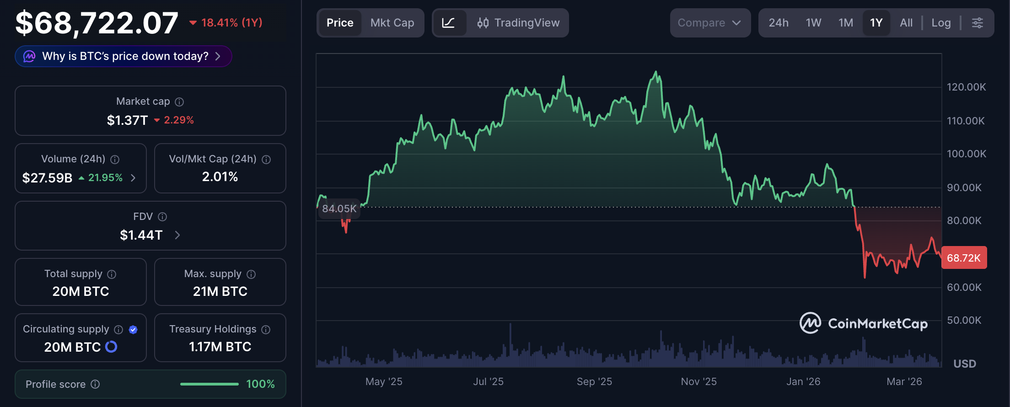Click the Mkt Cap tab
coord(392,23)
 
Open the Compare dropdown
coord(709,23)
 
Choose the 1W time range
coord(813,23)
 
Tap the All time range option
coord(906,23)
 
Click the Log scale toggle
coord(941,23)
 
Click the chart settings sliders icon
coord(978,23)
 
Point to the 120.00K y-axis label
coord(966,87)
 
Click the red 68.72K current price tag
coord(964,258)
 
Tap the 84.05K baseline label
coord(339,209)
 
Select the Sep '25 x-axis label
coord(594,381)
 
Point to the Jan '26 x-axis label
coord(803,381)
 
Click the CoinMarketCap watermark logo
coord(810,323)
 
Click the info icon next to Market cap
coord(179,102)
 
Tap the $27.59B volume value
coord(47,178)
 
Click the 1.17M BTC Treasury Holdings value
coord(220,347)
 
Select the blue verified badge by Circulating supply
coord(133,330)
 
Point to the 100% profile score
coord(260,384)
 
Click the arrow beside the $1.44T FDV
coord(177,235)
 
